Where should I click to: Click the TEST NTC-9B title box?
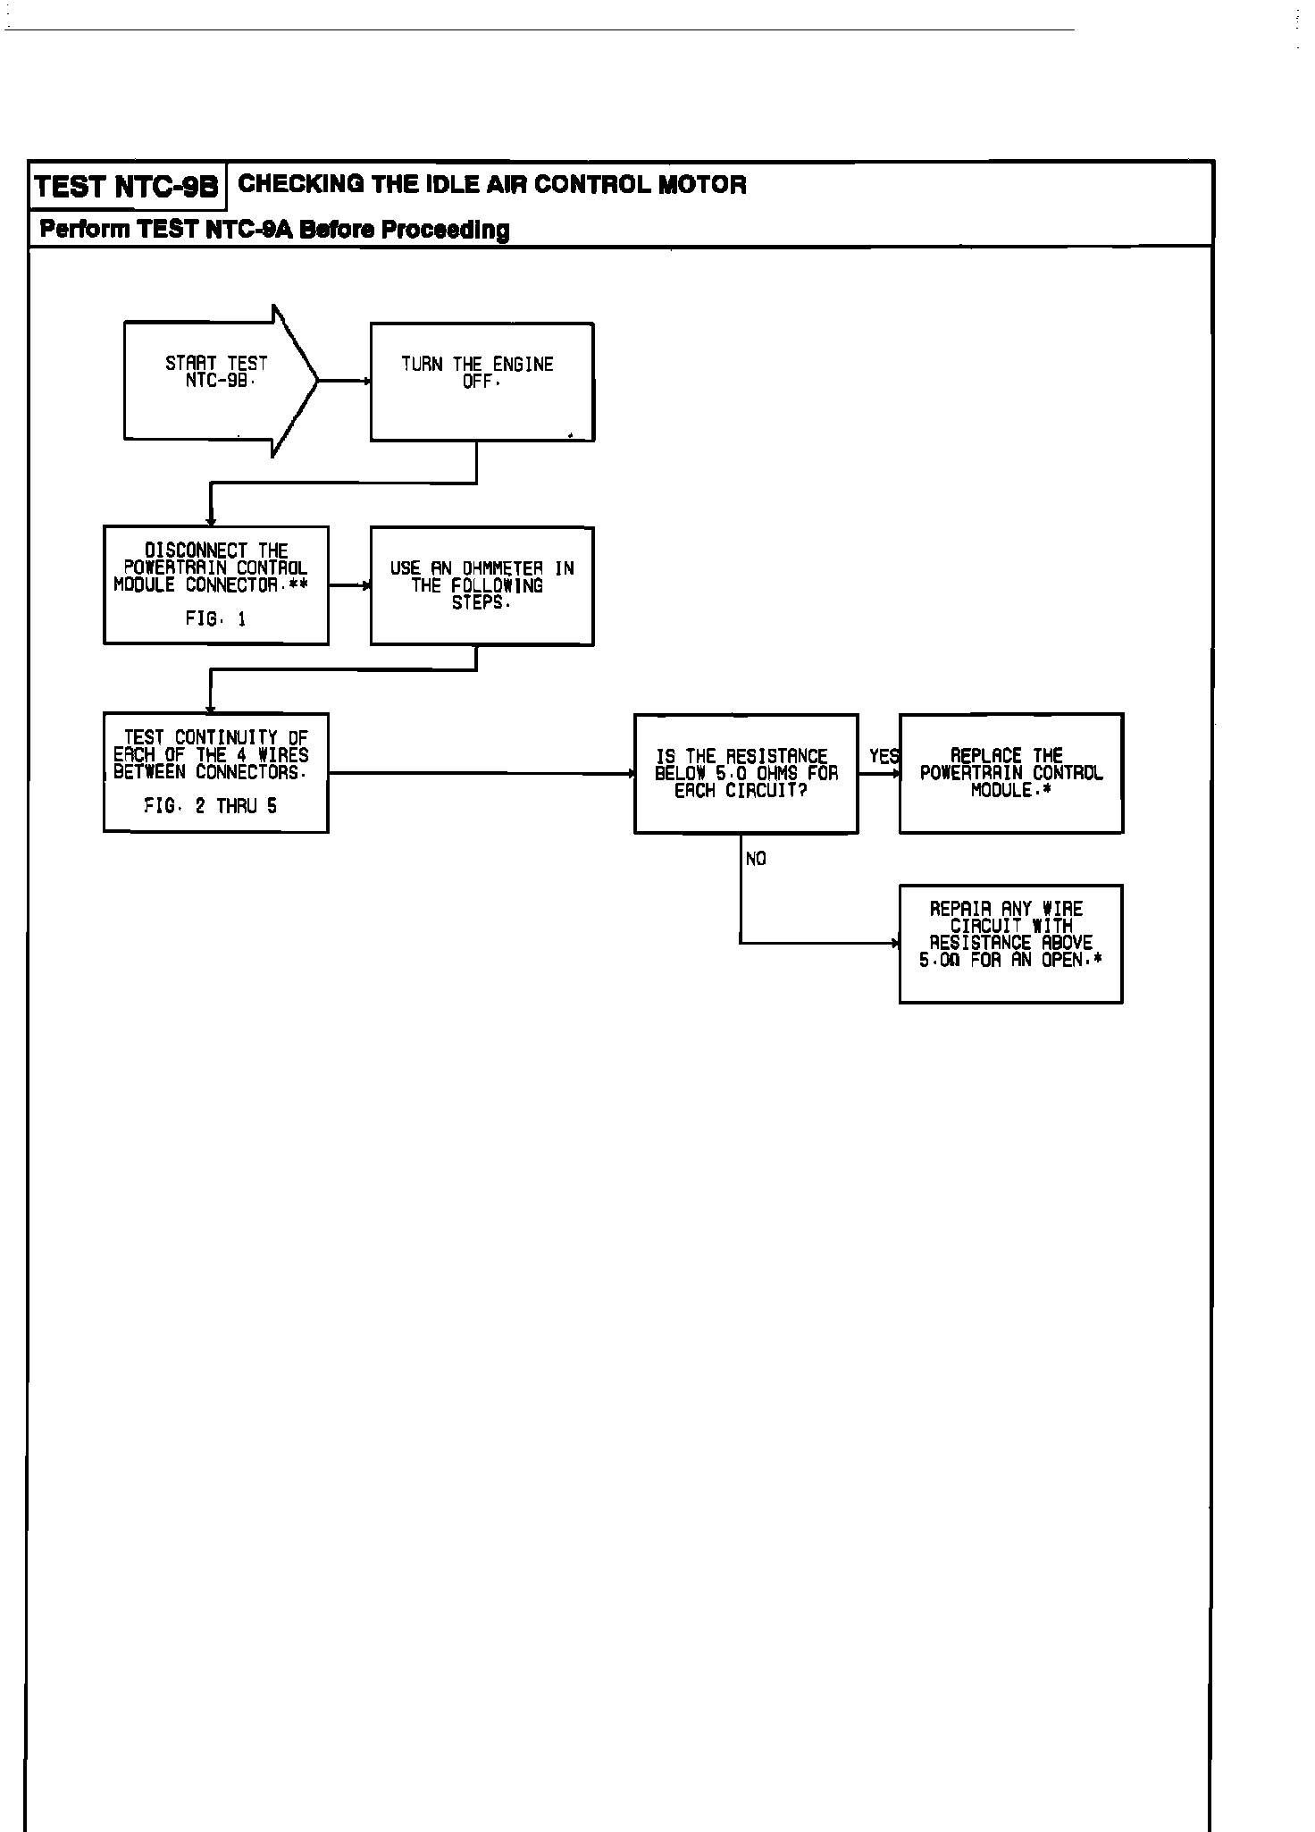coord(126,187)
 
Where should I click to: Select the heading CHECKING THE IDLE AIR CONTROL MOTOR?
coord(492,185)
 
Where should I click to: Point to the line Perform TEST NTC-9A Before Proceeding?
coord(275,230)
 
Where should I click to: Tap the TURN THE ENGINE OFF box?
coord(482,382)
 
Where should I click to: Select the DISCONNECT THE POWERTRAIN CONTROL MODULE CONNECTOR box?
coord(215,584)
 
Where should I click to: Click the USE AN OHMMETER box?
coord(482,585)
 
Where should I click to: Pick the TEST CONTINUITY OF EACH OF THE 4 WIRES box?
coord(215,772)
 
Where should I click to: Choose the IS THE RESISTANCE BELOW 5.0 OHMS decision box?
coord(746,773)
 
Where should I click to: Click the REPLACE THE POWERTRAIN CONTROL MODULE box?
coord(1010,773)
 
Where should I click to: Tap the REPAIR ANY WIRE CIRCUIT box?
coord(1010,944)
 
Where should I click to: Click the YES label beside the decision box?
coord(884,757)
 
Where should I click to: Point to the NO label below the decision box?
coord(756,859)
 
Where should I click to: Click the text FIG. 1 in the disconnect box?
coord(215,618)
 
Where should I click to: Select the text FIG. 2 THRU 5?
coord(211,806)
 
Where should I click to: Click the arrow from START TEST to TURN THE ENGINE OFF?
coord(345,381)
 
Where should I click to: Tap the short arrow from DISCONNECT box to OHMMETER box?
coord(349,585)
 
